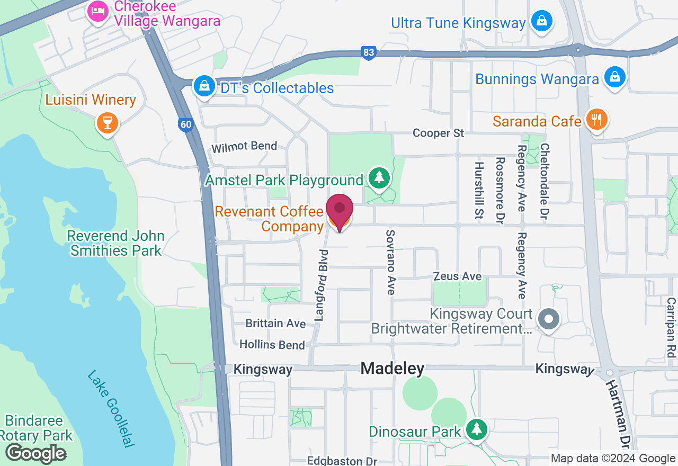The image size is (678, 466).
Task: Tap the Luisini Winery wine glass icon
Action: click(107, 123)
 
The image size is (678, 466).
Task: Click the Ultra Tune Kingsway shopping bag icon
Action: click(542, 22)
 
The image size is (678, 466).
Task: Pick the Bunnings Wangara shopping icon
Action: click(614, 78)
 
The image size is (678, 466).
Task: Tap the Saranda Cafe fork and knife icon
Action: click(596, 120)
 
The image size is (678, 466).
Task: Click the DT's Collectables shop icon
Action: click(204, 86)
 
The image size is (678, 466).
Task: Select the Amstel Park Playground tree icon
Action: click(379, 178)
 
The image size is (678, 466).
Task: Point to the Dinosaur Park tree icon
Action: click(477, 429)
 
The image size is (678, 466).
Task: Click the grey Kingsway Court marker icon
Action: click(549, 319)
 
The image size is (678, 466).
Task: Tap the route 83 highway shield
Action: click(369, 52)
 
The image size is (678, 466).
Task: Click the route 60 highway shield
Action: click(185, 125)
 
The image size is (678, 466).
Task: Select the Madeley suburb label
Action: click(392, 369)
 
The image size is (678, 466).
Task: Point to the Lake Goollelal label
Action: click(111, 408)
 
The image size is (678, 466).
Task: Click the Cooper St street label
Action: click(438, 133)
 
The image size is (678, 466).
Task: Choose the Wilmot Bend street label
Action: click(244, 146)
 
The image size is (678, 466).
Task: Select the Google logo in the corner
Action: click(35, 453)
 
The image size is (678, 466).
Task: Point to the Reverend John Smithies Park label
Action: click(115, 243)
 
